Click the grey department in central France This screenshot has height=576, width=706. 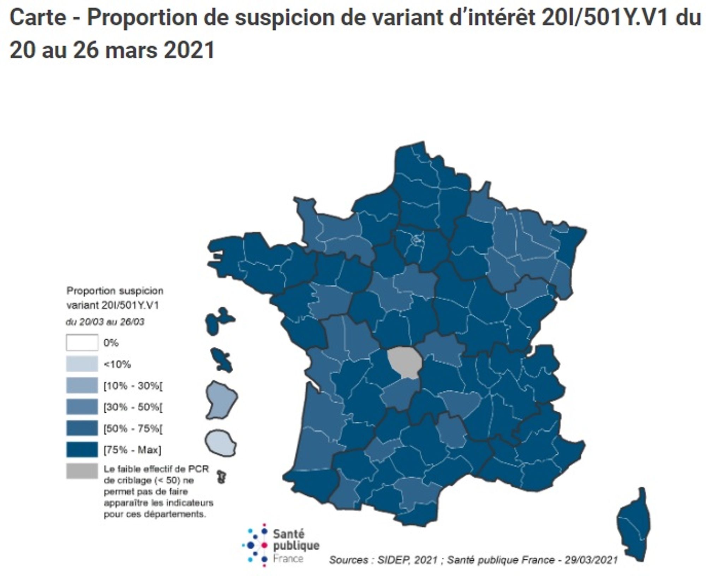403,362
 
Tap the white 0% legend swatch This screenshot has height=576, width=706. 82,342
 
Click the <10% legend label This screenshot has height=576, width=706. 117,364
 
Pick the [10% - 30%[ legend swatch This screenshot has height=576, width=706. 82,385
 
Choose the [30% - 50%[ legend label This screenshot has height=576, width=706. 133,407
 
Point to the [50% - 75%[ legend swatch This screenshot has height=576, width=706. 82,428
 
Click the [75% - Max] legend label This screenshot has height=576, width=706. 132,450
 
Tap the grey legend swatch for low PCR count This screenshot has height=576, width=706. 82,471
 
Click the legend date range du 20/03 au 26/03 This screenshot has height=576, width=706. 105,322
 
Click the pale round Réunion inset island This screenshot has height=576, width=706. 221,443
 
